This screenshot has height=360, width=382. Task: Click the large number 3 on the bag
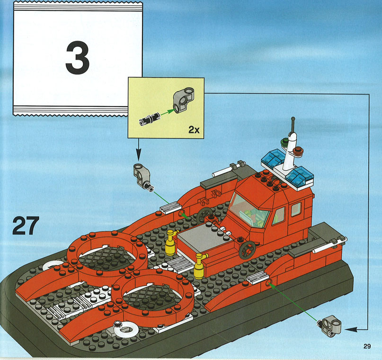coord(78,58)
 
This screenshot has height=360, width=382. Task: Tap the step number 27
coord(26,226)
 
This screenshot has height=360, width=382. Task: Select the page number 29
coord(367,346)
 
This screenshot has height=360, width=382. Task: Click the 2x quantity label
coord(194,130)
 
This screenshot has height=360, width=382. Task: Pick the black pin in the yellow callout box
coord(149,119)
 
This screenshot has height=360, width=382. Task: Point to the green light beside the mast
coord(284,141)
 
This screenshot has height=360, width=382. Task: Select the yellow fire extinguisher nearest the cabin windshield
coord(171,242)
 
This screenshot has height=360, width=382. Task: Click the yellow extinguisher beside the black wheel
coord(200,266)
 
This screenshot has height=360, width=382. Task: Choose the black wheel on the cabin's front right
coord(247,250)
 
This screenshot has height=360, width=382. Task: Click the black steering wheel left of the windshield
coord(204,215)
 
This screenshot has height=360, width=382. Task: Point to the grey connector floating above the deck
coord(143,176)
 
